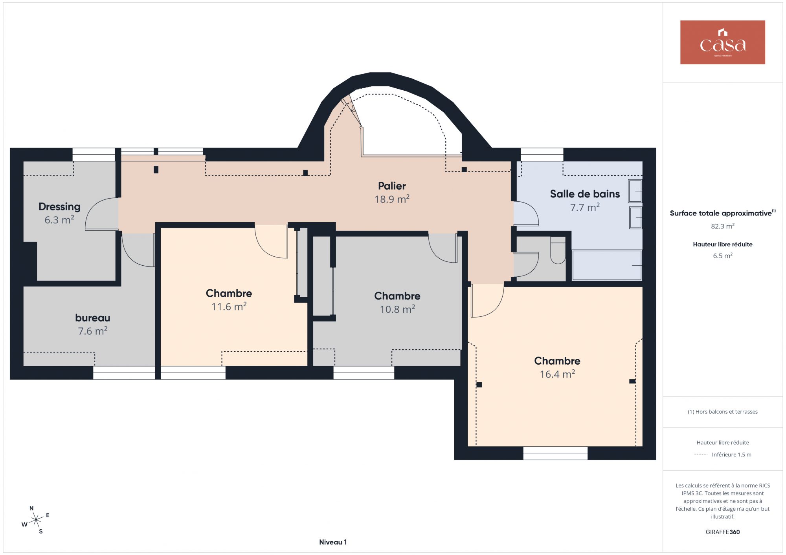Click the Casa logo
coord(722,42)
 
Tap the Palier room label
coord(392,186)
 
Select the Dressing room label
coord(59,207)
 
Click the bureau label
coord(93,318)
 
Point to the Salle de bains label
coord(585,194)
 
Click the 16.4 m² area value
coord(557,374)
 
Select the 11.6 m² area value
coord(229,307)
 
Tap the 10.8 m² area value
coord(397,309)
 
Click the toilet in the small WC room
coord(558,250)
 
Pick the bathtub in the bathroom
coord(607,265)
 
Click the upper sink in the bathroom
coord(635,191)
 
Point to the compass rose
coord(36,520)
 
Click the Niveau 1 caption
coord(333,542)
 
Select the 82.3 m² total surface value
coord(723,226)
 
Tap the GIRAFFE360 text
coord(723,532)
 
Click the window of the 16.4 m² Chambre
coord(555,453)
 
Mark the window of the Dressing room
coord(94,155)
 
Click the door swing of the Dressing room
coord(101,214)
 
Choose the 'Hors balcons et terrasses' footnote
coord(723,412)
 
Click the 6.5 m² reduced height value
coord(723,256)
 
